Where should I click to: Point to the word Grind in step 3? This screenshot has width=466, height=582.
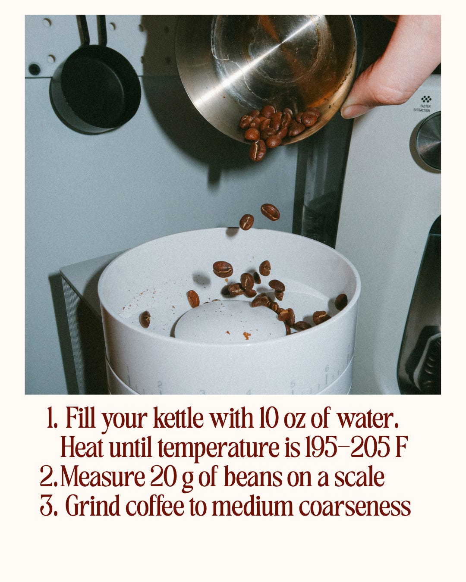click(x=93, y=506)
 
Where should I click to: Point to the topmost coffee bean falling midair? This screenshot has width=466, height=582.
click(x=270, y=212)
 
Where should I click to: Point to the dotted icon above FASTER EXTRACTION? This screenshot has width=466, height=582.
click(x=426, y=99)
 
